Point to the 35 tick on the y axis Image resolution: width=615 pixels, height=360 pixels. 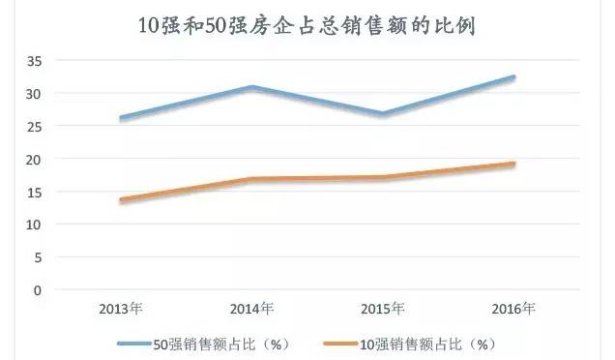[x=35, y=61]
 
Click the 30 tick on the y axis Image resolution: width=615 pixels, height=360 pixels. [x=35, y=94]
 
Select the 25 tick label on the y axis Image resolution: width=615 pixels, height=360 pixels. [x=35, y=127]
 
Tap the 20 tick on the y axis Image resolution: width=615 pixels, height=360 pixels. [x=35, y=159]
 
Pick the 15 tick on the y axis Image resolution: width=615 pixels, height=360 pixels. [x=35, y=192]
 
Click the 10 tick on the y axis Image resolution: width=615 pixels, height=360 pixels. [x=35, y=225]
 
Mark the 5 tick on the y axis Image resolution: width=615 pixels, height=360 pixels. [x=39, y=257]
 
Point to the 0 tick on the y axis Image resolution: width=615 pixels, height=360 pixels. [x=39, y=289]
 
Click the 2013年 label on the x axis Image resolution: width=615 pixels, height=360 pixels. [x=121, y=310]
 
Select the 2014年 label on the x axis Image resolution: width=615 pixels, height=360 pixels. [x=251, y=310]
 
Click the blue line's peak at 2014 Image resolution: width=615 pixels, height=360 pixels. [x=251, y=87]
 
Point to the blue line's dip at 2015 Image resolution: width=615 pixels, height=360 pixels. [x=383, y=114]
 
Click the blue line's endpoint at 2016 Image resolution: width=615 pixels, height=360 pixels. [x=512, y=77]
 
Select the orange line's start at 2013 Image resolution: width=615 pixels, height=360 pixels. [x=121, y=200]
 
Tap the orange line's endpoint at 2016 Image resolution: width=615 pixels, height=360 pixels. [x=512, y=165]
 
